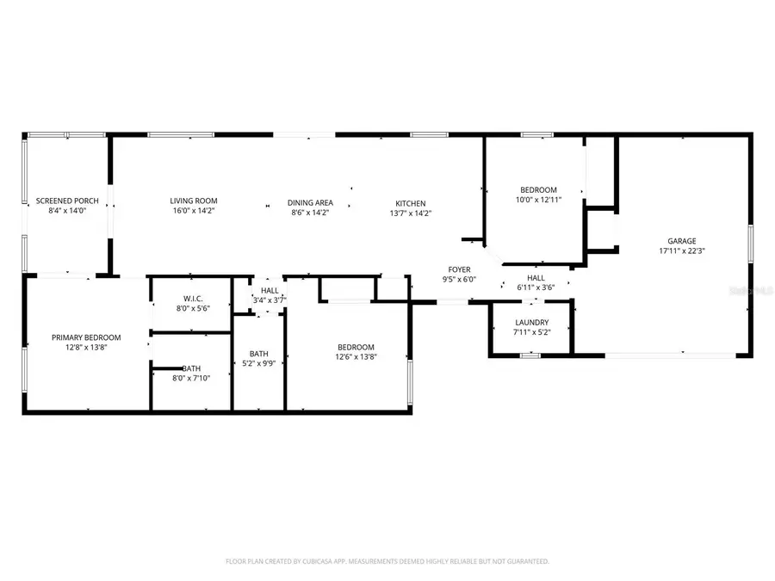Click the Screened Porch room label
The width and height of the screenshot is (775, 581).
click(x=67, y=201)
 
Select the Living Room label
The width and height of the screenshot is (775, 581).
click(x=194, y=201)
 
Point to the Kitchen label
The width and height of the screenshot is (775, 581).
click(x=411, y=202)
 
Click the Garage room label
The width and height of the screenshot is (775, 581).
click(x=682, y=241)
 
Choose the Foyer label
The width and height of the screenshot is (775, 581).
click(x=457, y=269)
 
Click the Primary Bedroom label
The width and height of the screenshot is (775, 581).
click(x=86, y=337)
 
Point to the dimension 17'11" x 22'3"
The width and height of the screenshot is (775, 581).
click(x=682, y=251)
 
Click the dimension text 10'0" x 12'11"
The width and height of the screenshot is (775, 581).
click(x=538, y=200)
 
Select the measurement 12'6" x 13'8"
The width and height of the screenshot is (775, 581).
click(x=356, y=357)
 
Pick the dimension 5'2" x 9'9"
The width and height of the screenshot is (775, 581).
click(x=258, y=363)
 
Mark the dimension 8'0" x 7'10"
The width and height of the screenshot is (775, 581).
click(x=191, y=377)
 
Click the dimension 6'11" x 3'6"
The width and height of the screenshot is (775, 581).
click(x=536, y=287)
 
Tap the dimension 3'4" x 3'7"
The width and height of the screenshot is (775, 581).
click(x=269, y=300)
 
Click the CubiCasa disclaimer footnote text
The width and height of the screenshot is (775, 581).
click(x=387, y=561)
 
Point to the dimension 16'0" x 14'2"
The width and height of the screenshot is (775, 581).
click(x=194, y=211)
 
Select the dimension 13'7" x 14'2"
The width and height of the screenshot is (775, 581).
click(x=411, y=213)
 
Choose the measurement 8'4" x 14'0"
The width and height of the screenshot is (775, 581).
click(x=67, y=211)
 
